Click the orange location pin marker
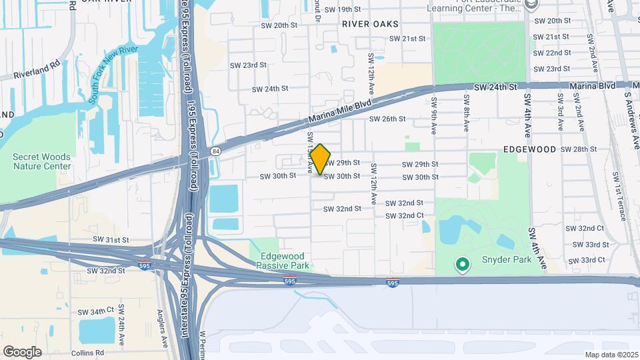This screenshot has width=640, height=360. point(321,159)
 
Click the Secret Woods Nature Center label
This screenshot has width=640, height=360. point(41,161)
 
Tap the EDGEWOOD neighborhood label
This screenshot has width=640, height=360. point(529,149)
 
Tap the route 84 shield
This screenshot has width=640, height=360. point(215,151)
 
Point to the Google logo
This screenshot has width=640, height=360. point(22,351)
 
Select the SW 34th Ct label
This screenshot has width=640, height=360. point(92,311)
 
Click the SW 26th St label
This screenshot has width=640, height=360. point(387,119)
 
